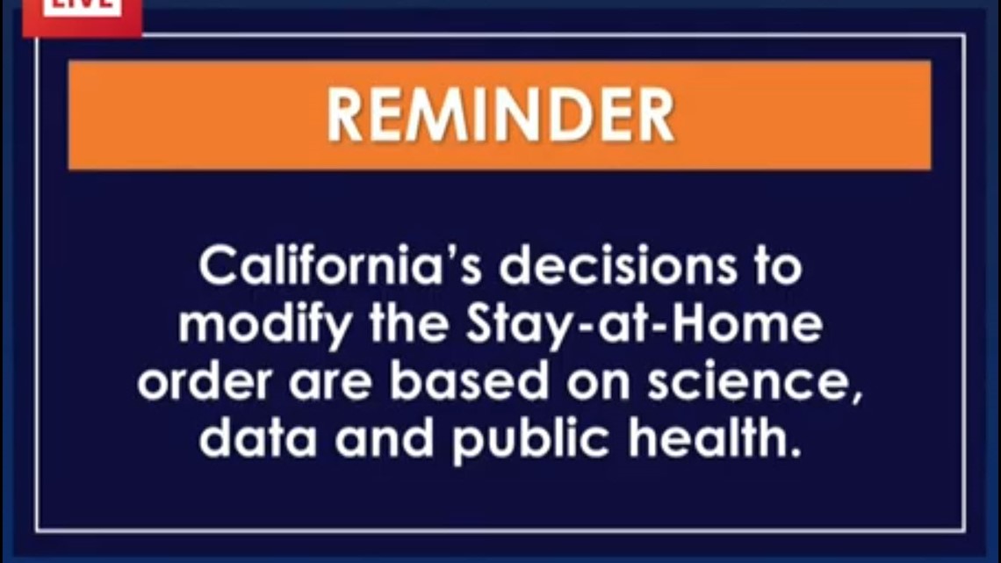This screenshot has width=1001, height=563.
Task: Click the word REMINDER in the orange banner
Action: (500, 115)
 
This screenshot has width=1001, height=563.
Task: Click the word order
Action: (196, 384)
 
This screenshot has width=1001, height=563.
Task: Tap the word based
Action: (457, 383)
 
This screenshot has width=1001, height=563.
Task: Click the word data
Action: (257, 440)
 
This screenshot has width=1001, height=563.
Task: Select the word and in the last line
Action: (385, 440)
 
